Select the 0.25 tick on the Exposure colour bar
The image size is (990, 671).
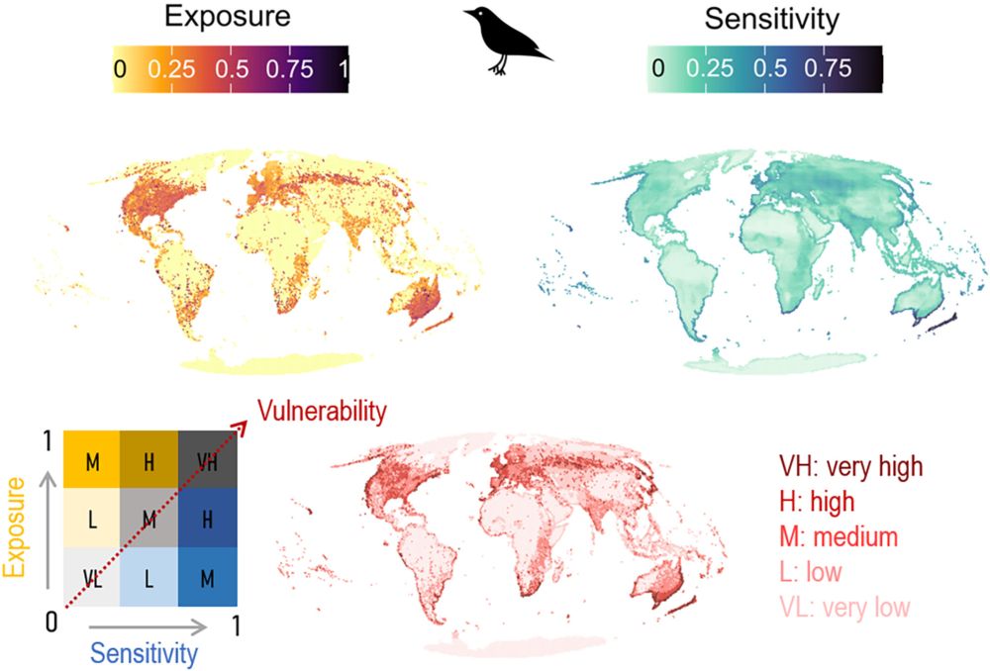pyautogui.click(x=172, y=69)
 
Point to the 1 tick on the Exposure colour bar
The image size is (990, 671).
pyautogui.click(x=343, y=69)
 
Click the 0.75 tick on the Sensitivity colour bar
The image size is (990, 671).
pyautogui.click(x=828, y=69)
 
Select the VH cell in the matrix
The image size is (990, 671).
pyautogui.click(x=207, y=461)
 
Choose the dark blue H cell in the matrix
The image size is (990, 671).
pyautogui.click(x=207, y=519)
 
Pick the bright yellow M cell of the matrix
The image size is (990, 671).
pyautogui.click(x=92, y=461)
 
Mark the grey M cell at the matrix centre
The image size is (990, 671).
pyautogui.click(x=149, y=519)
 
